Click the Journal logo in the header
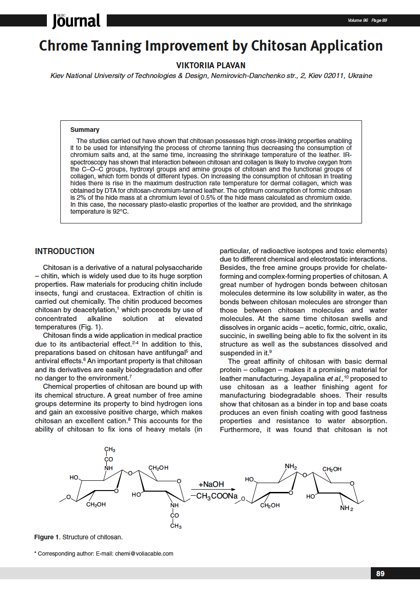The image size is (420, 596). point(76,20)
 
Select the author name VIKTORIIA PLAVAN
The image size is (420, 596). point(211,65)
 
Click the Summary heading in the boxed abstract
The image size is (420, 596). point(84,130)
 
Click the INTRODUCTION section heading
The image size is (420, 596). point(65,251)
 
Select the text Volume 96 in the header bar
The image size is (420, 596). point(357,20)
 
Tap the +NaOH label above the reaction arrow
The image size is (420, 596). point(211,485)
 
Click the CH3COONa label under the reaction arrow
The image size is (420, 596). point(217,497)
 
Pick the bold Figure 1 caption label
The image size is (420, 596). point(46,537)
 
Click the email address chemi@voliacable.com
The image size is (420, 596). point(144,553)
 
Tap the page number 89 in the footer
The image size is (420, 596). point(380,574)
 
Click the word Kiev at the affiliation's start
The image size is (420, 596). point(58,76)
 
